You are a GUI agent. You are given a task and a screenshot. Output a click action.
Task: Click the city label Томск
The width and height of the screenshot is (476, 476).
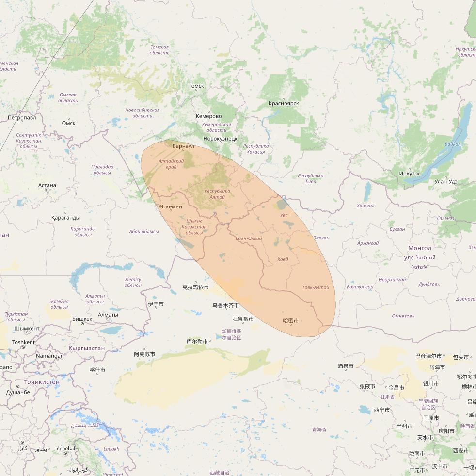point(196,86)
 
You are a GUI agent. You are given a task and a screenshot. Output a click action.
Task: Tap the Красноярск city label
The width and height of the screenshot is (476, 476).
point(284,103)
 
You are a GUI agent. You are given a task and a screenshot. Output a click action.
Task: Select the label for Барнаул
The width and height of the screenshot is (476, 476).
point(183,146)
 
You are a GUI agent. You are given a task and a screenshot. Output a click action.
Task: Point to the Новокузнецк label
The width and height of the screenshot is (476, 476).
point(221,139)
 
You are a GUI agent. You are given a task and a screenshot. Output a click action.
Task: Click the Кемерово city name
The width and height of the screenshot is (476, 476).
point(209,116)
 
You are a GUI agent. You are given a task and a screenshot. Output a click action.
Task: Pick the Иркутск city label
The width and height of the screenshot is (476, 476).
point(410,174)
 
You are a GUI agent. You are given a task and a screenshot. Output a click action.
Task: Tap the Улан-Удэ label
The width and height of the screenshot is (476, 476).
point(446,182)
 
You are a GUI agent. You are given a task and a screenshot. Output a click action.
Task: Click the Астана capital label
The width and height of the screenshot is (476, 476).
point(47,185)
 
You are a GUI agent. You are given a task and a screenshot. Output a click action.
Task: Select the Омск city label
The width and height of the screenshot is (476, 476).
point(68,123)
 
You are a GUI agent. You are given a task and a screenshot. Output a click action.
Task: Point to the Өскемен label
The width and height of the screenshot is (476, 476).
point(171,207)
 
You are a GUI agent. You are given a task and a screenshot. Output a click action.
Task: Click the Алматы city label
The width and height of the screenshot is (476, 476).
point(108,315)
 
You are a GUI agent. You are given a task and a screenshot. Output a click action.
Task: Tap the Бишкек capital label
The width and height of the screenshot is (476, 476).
point(82,319)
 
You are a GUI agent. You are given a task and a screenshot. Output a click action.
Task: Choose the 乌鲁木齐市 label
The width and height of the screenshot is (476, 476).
point(225,306)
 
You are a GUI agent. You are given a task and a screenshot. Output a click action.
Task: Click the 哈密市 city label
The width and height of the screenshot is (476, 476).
point(291,321)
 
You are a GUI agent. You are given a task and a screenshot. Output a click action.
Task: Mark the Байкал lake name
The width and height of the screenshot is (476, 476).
point(453,144)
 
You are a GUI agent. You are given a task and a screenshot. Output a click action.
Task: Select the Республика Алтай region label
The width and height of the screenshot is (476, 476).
point(218,194)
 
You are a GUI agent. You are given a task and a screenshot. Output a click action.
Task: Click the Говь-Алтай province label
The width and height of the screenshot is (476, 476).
point(316,287)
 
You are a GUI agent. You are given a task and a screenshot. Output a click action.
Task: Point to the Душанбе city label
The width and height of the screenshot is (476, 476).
point(18,393)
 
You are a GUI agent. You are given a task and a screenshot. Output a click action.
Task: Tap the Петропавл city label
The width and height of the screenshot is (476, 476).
point(22,118)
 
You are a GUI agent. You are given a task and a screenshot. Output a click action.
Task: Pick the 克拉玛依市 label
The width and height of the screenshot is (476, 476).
point(195,287)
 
